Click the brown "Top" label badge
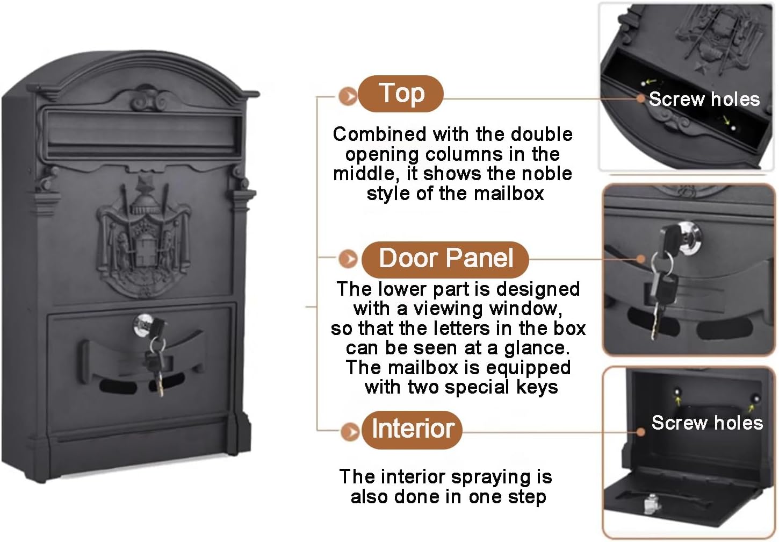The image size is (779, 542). [x=401, y=94]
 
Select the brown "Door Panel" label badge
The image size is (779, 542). [x=445, y=259]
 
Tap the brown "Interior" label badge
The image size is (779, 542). [x=412, y=430]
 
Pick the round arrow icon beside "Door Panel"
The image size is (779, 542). [x=348, y=259]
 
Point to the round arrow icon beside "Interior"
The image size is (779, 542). [x=350, y=432]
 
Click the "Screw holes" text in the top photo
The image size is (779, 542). [x=704, y=99]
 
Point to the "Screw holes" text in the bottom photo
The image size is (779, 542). [x=707, y=423]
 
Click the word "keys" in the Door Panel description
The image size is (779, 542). [x=537, y=388]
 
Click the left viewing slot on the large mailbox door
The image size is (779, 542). [x=118, y=387]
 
